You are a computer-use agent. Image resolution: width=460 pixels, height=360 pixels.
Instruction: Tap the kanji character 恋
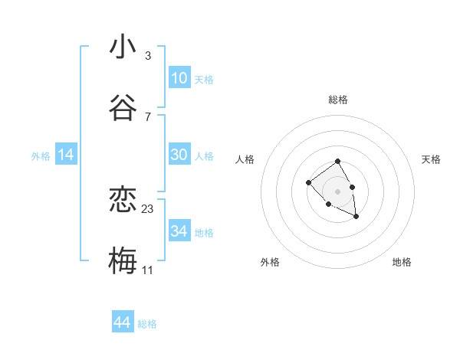(123, 201)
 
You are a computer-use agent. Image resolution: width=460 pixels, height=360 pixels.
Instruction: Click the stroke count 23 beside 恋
(148, 209)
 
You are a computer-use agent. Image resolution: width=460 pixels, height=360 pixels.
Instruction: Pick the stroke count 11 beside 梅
(148, 270)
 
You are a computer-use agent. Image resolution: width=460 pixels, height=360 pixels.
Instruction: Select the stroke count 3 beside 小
(148, 56)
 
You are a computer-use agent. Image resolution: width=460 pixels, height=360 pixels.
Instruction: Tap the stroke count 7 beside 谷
(148, 116)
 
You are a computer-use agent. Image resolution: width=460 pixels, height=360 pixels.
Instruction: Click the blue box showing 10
(179, 78)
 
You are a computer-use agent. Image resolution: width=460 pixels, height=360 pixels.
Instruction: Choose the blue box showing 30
(179, 155)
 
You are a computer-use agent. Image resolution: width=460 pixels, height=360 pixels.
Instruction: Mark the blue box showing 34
(179, 231)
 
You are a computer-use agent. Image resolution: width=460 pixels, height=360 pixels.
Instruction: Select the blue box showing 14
(66, 155)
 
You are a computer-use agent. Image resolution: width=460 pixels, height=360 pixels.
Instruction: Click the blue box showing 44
(122, 322)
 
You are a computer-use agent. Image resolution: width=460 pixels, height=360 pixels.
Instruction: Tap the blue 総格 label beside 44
(147, 324)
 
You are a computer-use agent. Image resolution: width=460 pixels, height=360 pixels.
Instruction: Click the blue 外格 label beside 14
(41, 156)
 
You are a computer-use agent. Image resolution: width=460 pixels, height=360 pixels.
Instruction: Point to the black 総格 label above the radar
(338, 100)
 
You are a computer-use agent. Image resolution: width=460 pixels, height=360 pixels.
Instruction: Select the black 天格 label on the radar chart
(431, 159)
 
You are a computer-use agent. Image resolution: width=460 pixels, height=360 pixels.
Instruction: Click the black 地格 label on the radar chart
(402, 262)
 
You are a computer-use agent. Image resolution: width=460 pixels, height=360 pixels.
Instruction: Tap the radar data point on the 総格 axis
(338, 162)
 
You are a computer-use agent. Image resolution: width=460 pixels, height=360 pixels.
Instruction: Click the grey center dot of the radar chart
(338, 191)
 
